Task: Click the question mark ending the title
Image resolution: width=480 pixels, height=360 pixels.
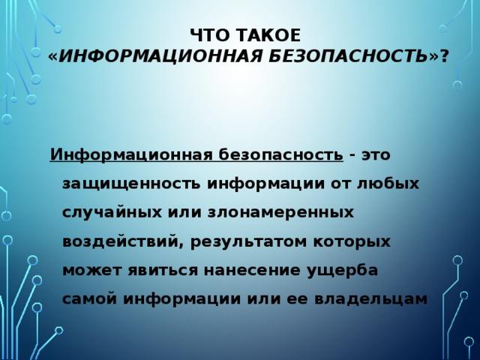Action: tap(444, 56)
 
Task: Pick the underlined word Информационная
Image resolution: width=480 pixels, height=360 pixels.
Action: tap(132, 154)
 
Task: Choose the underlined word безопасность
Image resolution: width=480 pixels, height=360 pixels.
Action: tap(280, 154)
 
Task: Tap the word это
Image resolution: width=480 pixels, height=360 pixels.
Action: tap(376, 155)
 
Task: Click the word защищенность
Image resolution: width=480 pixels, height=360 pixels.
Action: tap(132, 184)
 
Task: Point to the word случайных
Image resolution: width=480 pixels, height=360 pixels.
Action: tap(112, 212)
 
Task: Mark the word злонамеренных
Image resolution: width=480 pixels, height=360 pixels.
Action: tap(281, 213)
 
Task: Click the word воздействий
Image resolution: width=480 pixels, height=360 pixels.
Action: tap(121, 241)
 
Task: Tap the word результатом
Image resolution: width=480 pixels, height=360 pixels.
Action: tap(249, 242)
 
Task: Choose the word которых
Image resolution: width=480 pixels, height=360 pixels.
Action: tap(352, 242)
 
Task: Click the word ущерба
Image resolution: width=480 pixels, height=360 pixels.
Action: tap(342, 271)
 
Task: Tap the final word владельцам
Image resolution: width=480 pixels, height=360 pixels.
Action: tap(371, 299)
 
